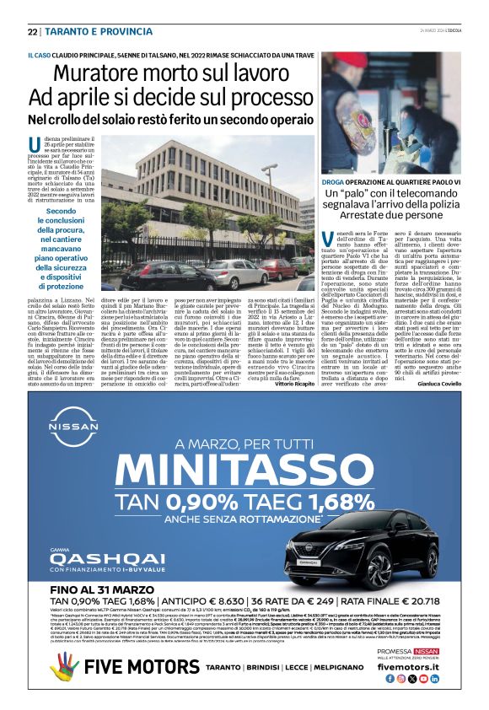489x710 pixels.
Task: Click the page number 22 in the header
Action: (x=33, y=31)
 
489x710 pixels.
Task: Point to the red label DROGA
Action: (x=334, y=181)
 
